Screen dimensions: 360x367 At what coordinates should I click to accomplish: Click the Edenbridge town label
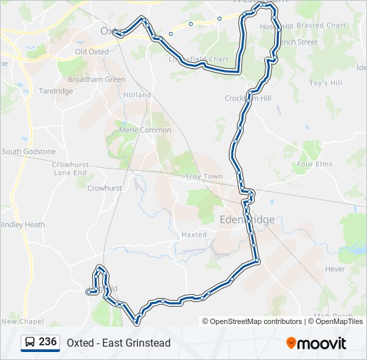247,220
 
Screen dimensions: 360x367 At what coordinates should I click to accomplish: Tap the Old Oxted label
91,51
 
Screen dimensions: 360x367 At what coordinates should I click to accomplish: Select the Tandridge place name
55,91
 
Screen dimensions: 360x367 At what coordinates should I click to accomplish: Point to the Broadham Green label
97,79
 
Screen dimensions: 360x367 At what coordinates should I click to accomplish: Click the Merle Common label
145,130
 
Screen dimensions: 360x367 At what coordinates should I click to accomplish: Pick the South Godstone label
29,151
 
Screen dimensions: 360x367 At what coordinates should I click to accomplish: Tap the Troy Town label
204,177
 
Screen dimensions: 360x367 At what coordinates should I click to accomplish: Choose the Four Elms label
314,164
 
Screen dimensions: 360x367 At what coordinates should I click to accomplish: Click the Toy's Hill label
326,83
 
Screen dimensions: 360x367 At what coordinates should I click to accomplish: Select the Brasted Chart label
321,25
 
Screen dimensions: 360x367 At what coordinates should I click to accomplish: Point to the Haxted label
194,235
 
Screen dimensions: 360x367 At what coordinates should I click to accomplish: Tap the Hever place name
335,269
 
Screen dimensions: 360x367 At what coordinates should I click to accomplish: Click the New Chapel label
23,321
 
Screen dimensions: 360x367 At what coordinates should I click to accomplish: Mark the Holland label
137,95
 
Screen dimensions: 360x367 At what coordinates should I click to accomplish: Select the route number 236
47,342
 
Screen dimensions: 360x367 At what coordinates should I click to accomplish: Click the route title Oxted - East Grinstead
119,343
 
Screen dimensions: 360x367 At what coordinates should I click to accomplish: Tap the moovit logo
316,343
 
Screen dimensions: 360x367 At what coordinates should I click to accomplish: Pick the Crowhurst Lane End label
70,168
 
